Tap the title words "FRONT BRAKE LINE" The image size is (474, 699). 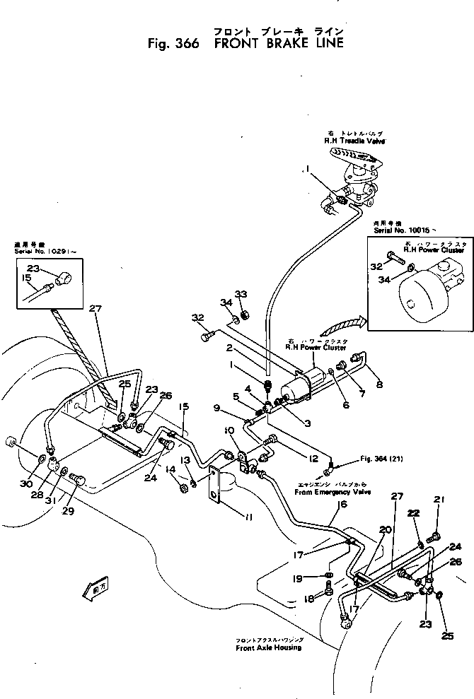tap(278, 43)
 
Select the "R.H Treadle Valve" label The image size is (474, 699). tap(349, 141)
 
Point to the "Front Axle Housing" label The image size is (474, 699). tap(269, 647)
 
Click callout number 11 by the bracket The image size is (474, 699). tap(249, 518)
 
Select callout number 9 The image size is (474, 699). tap(217, 409)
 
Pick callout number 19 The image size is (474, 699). tap(297, 578)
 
